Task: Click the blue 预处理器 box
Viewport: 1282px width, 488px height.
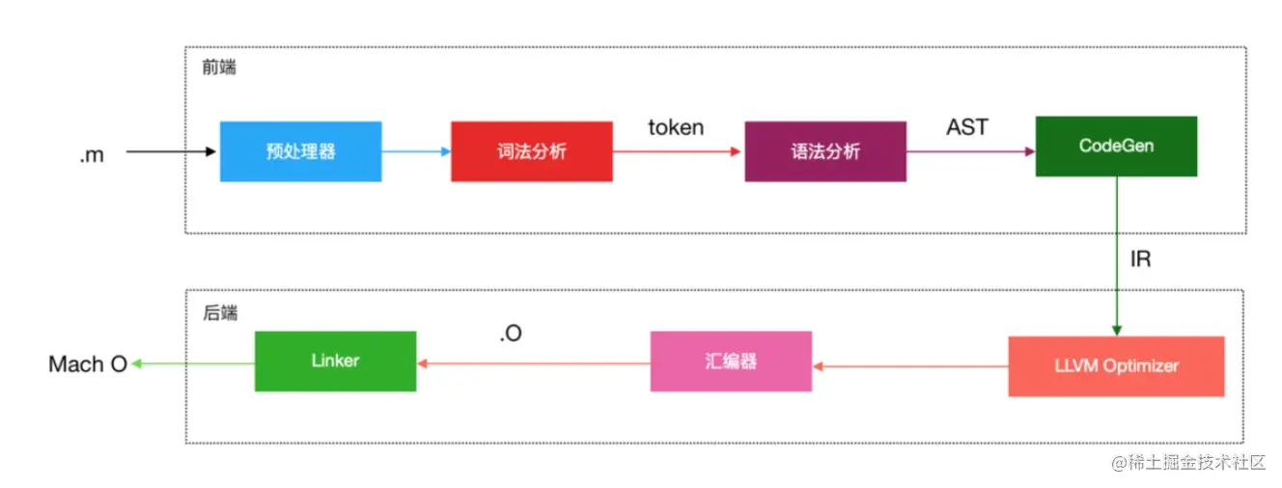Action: (300, 151)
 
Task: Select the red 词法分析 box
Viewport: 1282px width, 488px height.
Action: (531, 151)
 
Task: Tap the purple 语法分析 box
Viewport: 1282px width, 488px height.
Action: (825, 151)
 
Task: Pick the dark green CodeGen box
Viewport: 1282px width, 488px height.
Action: (1116, 147)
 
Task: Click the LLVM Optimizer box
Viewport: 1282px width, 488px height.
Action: (1116, 366)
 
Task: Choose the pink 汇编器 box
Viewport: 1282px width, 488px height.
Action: (731, 362)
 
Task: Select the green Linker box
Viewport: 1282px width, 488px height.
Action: (335, 362)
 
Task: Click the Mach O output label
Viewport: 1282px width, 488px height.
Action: (88, 365)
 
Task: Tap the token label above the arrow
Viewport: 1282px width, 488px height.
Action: (676, 127)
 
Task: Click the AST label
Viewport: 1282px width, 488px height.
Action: (967, 126)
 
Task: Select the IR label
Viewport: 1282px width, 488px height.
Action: (1140, 259)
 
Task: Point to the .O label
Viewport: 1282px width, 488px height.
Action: (511, 334)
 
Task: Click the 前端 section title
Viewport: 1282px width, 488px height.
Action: (219, 68)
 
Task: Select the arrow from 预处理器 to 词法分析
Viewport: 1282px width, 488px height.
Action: (416, 151)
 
